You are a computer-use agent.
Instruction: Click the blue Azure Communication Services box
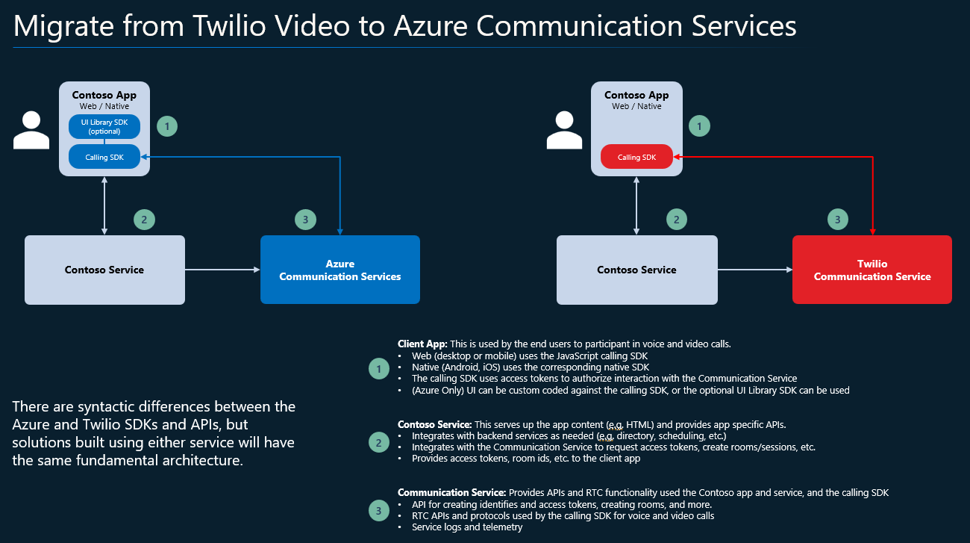339,270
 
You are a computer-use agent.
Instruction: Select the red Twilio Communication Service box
872,270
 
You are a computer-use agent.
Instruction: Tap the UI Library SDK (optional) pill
104,127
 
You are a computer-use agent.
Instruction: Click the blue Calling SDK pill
104,157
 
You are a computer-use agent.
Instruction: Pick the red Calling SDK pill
636,157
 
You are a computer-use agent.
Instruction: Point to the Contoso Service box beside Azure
104,270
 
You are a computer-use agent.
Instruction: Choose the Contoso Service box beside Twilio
636,270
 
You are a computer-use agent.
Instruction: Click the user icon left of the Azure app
31,130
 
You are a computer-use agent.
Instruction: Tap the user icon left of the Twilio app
563,130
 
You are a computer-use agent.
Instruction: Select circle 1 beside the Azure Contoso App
167,127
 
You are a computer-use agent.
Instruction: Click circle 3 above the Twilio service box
837,220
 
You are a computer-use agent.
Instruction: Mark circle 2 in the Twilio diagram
676,220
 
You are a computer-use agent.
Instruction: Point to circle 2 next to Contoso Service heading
379,442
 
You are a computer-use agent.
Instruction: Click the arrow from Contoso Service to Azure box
222,270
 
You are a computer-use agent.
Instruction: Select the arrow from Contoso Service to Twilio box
754,270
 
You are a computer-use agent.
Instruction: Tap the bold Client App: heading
422,344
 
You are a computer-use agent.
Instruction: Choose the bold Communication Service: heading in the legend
451,493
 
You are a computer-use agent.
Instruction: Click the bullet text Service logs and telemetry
467,527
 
